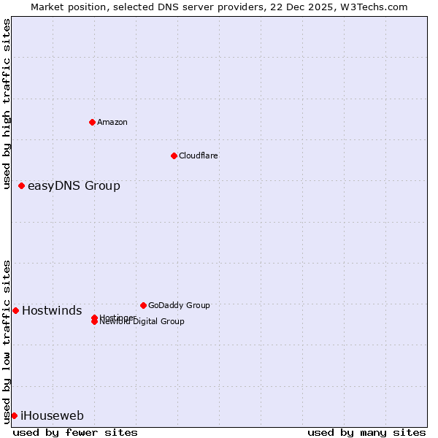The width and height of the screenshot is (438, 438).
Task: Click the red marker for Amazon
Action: pyautogui.click(x=92, y=122)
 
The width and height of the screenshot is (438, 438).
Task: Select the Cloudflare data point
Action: pyautogui.click(x=174, y=155)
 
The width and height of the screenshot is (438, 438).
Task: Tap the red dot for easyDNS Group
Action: pyautogui.click(x=22, y=185)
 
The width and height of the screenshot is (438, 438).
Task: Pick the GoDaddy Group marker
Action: pyautogui.click(x=143, y=305)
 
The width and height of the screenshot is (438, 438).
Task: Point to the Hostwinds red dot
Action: pyautogui.click(x=16, y=310)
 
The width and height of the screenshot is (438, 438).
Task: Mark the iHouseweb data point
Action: pyautogui.click(x=15, y=415)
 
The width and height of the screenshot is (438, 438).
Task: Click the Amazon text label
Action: pyautogui.click(x=112, y=122)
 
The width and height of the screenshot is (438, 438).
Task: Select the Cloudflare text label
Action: pyautogui.click(x=199, y=155)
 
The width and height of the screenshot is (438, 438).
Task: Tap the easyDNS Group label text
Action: pyautogui.click(x=74, y=185)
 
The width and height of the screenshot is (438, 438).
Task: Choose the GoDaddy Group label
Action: pyautogui.click(x=179, y=305)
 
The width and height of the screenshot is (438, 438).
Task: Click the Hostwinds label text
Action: pyautogui.click(x=52, y=311)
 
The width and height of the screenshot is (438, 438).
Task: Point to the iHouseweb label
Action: pyautogui.click(x=52, y=416)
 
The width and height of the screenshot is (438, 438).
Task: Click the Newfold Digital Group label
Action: pyautogui.click(x=142, y=322)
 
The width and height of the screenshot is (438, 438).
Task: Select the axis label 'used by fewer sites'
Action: pyautogui.click(x=75, y=432)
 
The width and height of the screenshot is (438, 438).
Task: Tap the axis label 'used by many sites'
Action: pyautogui.click(x=366, y=432)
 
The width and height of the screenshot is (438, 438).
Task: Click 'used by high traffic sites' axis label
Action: pyautogui.click(x=7, y=104)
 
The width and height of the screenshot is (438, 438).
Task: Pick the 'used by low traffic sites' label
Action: pyautogui.click(x=7, y=341)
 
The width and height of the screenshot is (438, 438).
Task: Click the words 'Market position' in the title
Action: pyautogui.click(x=64, y=7)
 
